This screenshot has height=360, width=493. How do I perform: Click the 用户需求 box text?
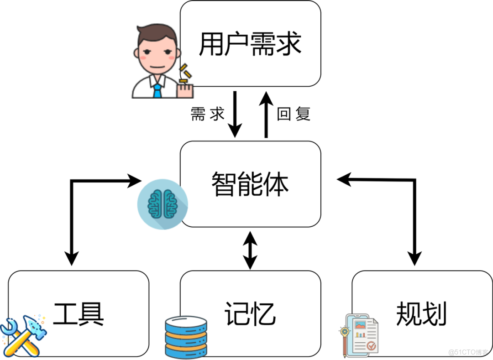coord(250,44)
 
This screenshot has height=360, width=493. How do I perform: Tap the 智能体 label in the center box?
coord(250,184)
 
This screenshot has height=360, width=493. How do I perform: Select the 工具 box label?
coord(79,314)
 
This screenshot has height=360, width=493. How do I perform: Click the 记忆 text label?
coord(250,314)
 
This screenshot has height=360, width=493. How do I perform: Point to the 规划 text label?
coord(421,314)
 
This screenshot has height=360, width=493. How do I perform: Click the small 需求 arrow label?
coord(208,114)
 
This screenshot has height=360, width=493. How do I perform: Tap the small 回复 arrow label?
coord(294,114)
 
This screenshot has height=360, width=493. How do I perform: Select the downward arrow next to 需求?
coord(235,114)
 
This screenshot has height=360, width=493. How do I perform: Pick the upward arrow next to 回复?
coord(267,114)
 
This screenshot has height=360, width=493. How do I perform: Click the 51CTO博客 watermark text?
coord(468,352)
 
